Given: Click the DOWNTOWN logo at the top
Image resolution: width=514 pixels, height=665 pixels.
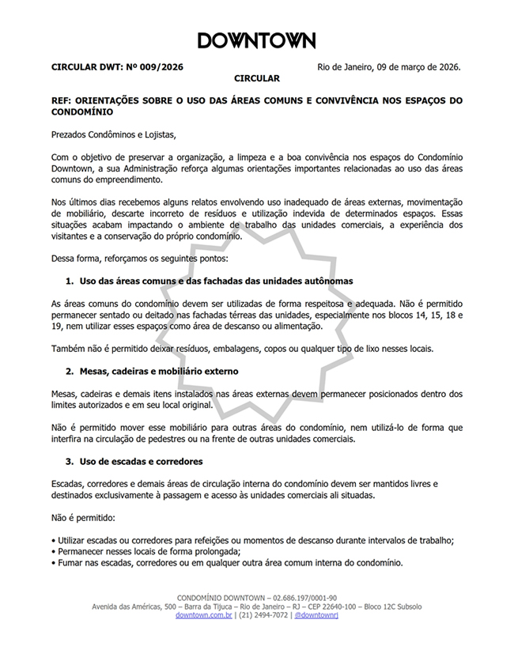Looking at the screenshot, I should [256, 41].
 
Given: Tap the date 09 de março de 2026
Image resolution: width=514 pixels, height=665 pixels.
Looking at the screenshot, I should [413, 67].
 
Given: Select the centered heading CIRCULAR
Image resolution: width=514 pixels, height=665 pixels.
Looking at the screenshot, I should [257, 79].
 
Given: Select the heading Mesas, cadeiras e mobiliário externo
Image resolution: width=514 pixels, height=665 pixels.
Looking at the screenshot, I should [159, 371].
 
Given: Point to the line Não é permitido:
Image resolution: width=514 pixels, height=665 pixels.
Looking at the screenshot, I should [82, 517].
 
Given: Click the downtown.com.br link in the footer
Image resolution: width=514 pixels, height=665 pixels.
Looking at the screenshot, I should [204, 614].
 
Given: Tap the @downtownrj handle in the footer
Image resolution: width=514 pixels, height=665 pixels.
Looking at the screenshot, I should [316, 614].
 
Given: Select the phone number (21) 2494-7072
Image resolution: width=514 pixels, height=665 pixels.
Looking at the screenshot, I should [263, 614].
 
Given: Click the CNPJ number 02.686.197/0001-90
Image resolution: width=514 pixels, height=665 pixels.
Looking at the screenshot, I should [304, 597].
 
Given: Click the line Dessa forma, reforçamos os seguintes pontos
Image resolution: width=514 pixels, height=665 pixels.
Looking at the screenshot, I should [139, 259].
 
